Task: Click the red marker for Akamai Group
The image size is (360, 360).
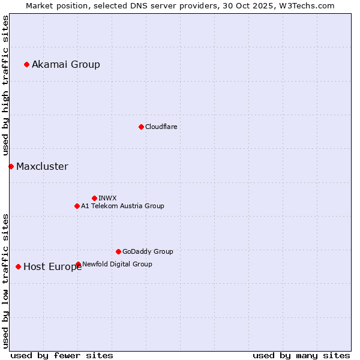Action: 26,64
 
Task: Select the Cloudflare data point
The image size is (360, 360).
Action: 141,127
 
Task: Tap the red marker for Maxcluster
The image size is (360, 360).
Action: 11,166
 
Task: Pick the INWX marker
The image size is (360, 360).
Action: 94,198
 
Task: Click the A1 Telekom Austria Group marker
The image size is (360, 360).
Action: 77,206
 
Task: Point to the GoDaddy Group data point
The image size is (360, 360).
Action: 118,251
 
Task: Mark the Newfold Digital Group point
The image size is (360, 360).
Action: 78,264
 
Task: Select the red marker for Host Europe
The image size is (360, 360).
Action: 18,266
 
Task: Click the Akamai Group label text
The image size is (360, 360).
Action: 66,64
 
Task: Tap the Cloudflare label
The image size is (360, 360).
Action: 161,127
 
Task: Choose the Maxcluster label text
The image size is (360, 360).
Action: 42,166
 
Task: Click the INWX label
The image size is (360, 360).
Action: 107,198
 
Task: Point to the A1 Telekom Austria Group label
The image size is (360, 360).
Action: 122,206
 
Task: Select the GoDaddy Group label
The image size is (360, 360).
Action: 148,251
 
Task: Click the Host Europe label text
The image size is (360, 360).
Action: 52,267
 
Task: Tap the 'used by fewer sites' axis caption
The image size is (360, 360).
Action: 62,355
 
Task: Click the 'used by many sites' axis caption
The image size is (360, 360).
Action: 301,355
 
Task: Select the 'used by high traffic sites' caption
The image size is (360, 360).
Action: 5,85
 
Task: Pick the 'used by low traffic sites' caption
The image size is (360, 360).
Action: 5,281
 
